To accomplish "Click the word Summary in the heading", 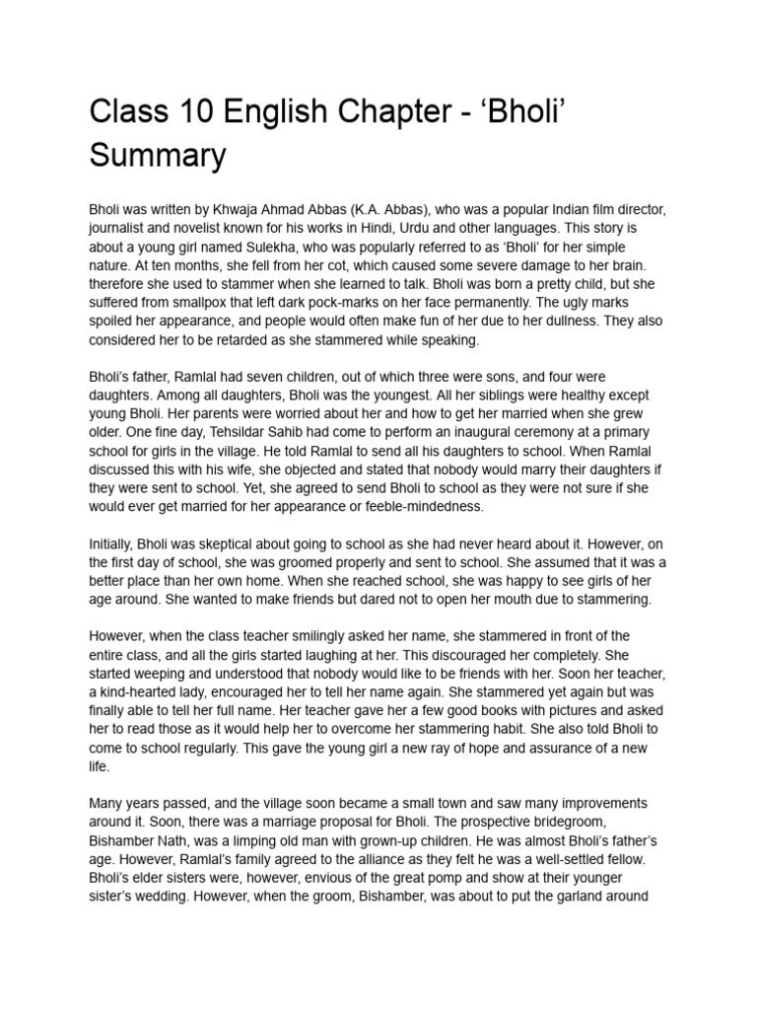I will click(158, 155).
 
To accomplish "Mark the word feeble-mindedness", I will click(424, 506).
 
